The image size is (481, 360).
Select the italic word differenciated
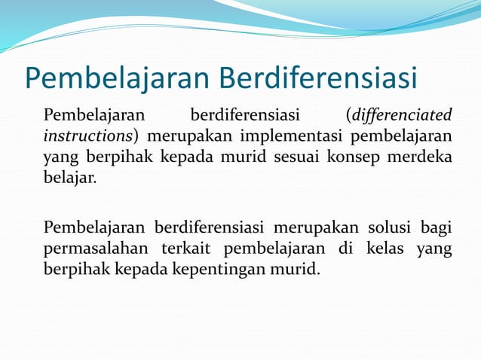tap(400, 116)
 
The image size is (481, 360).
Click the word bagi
tap(437, 227)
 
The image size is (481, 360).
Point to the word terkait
tap(183, 249)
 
